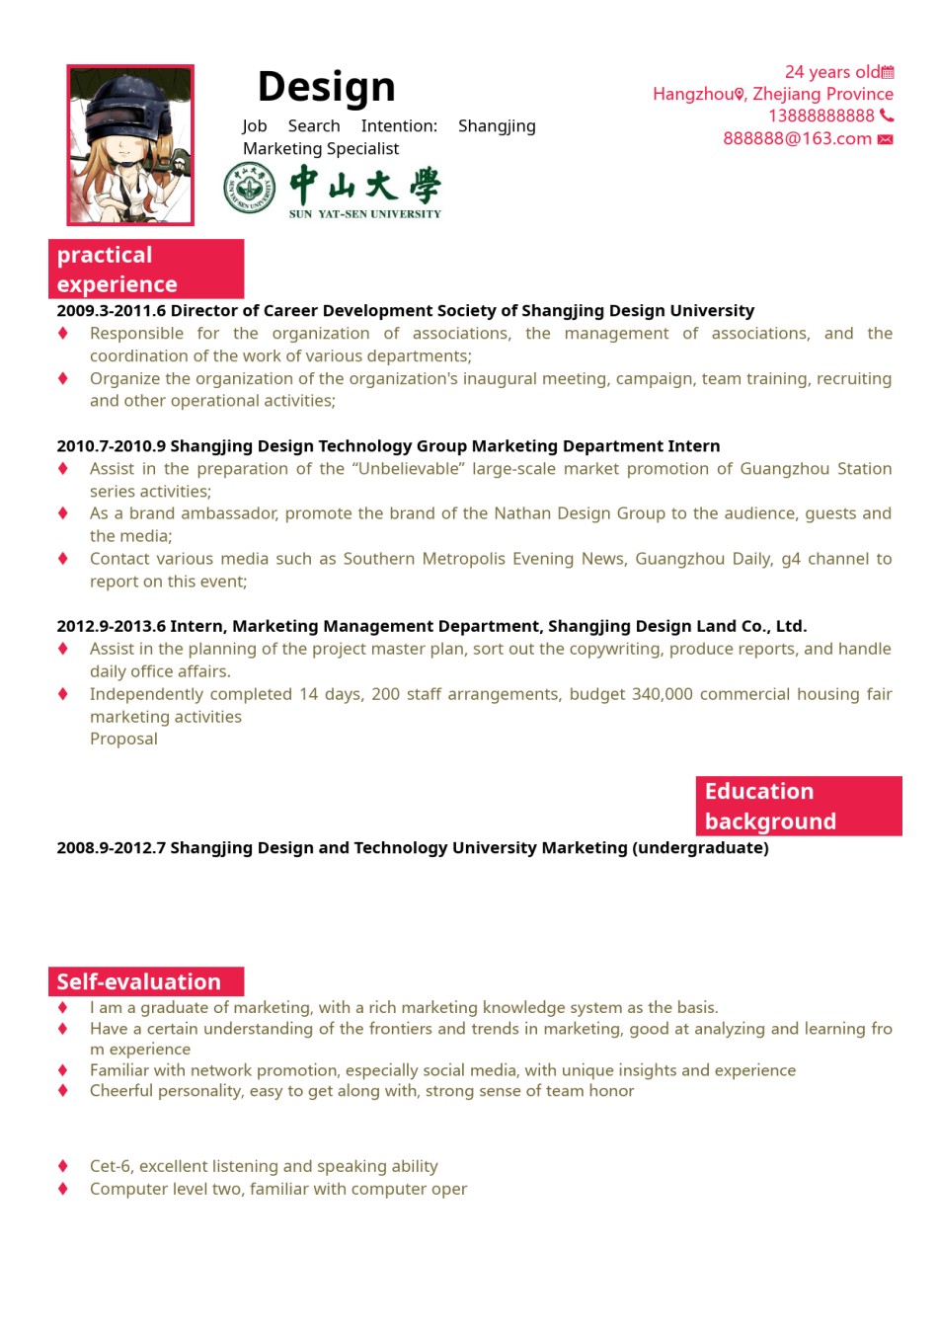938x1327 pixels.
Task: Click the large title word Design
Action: pos(326,87)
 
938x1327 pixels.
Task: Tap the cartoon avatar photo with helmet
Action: pos(130,145)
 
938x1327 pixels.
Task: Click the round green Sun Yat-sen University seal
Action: pos(249,188)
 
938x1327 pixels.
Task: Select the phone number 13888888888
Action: pos(821,116)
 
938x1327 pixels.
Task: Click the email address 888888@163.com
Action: pos(797,138)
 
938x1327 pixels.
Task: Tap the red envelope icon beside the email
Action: pos(886,139)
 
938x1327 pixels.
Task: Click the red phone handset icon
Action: pos(887,116)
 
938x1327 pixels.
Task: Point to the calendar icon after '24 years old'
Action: pos(888,72)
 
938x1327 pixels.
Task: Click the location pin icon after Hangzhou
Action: pos(740,94)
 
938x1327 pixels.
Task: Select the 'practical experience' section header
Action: pos(146,269)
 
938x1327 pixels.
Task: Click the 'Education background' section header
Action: pos(798,806)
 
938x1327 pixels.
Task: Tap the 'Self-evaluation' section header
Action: pos(146,981)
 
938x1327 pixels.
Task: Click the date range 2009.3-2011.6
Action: pos(111,310)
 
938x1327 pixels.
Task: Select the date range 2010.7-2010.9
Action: pos(111,445)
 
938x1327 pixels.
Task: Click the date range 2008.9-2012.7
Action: pos(111,847)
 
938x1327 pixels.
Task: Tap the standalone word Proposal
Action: pos(123,739)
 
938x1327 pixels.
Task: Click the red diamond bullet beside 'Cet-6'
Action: pos(63,1166)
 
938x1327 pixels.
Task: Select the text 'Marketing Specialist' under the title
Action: pos(321,148)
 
